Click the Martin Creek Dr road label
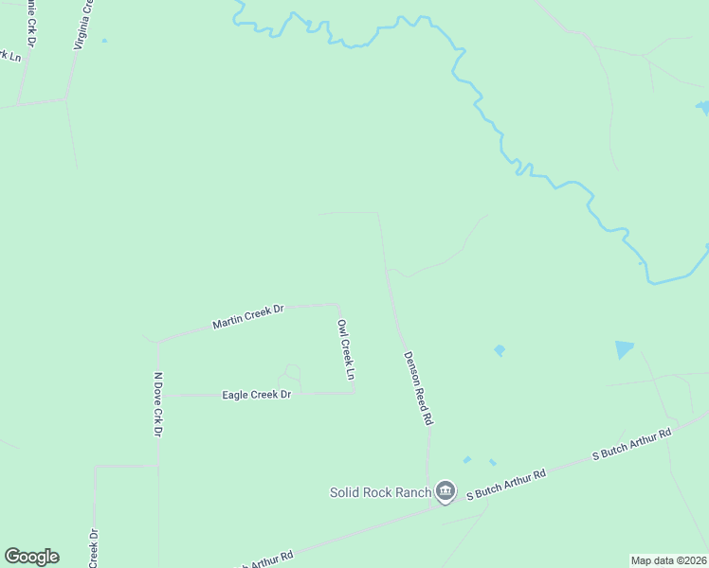point(248,316)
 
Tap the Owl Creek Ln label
point(346,349)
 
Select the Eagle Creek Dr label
point(256,395)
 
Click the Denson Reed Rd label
point(418,387)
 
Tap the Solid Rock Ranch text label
point(380,492)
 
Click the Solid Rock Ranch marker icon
point(445,491)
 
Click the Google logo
point(31,557)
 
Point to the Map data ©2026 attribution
point(668,560)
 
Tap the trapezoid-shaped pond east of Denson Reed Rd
point(624,349)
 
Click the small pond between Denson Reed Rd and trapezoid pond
point(500,350)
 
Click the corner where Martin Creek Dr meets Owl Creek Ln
point(336,305)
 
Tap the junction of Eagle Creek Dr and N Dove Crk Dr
point(157,395)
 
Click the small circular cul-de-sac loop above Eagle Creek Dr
point(292,372)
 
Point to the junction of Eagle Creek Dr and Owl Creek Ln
point(354,393)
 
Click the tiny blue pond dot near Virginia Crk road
point(103,41)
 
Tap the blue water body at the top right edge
point(702,107)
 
